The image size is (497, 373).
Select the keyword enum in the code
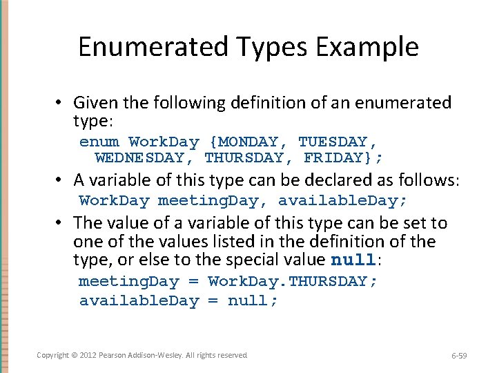click(99, 142)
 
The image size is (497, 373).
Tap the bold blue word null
click(354, 261)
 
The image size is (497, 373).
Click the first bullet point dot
click(61, 104)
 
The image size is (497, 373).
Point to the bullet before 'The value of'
click(61, 224)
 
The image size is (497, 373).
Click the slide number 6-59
click(458, 356)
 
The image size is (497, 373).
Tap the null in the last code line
click(253, 301)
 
